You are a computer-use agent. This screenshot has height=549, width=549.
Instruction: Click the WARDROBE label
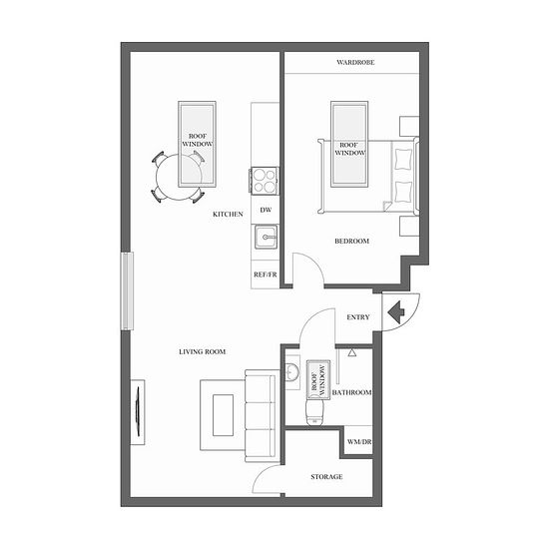tap(355, 63)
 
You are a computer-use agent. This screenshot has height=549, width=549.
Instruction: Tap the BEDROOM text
tap(352, 242)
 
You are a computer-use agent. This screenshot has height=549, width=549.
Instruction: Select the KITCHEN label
tap(228, 214)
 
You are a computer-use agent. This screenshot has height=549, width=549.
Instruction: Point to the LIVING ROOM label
tap(203, 352)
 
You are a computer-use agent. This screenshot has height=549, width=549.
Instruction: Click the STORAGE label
tap(326, 477)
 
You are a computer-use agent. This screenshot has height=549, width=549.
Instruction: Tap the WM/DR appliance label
tap(359, 442)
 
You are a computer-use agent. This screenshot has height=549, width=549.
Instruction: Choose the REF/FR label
tap(266, 274)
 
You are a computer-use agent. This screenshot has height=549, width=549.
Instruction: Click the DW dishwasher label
tap(266, 210)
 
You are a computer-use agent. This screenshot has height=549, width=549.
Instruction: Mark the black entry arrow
tap(396, 311)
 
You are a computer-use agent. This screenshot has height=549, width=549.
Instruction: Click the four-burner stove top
tap(264, 181)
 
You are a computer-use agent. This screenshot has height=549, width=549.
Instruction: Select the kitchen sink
tap(266, 237)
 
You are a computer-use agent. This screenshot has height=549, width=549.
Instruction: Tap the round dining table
tap(179, 177)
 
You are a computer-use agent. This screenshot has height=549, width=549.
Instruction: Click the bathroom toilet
tap(314, 412)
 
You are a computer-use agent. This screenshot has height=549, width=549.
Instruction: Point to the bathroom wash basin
tap(291, 372)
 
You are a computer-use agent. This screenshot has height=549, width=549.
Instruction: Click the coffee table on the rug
tap(223, 415)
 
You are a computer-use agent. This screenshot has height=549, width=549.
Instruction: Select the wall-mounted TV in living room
tap(138, 412)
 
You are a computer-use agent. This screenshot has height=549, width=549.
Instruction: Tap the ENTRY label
tap(358, 317)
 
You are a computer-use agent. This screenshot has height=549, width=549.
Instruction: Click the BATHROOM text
tap(352, 392)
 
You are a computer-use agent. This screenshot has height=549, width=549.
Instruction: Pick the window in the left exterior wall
tap(127, 290)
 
